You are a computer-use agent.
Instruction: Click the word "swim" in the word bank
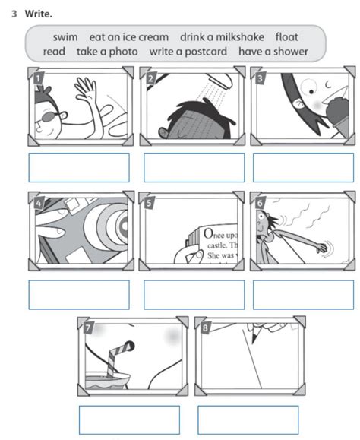(x=66, y=36)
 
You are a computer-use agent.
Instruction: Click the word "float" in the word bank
(x=286, y=36)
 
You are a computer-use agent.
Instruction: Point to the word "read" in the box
(x=54, y=52)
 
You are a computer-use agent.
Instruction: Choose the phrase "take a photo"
(x=107, y=52)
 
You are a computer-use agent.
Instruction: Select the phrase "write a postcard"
(x=188, y=52)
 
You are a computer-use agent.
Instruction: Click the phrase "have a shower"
(x=273, y=52)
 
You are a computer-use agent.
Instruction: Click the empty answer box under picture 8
(x=248, y=419)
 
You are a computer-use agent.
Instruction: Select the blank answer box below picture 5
(x=194, y=294)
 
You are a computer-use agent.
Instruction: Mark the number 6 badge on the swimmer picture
(x=261, y=202)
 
